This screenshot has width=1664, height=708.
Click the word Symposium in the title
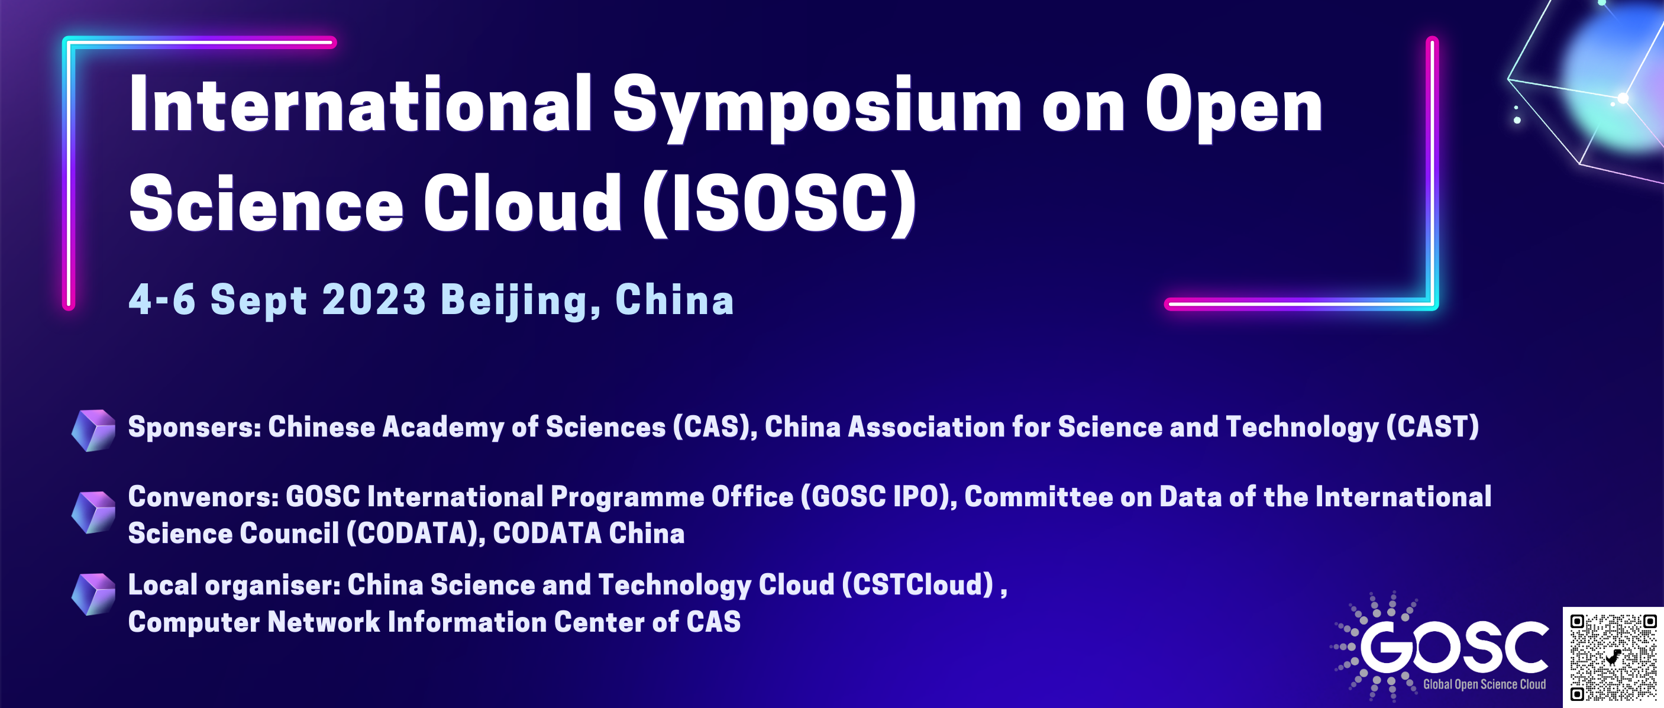click(817, 106)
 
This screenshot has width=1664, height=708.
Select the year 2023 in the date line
click(374, 300)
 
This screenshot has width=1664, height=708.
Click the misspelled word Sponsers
click(195, 428)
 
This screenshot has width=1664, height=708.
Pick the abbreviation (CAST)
click(1433, 427)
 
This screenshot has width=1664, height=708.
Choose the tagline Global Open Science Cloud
click(1484, 684)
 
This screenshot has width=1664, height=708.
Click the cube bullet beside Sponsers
click(93, 430)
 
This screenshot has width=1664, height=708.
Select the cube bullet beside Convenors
click(93, 512)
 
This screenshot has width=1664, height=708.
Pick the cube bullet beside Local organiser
click(93, 594)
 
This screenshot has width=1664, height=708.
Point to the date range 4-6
click(162, 300)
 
